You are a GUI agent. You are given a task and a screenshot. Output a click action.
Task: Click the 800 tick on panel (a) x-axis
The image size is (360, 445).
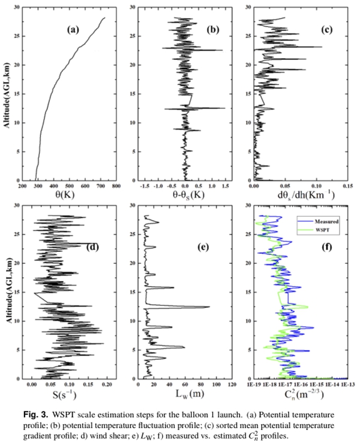[116, 187]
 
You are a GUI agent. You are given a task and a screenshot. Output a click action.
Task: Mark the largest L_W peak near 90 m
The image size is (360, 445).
[208, 307]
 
